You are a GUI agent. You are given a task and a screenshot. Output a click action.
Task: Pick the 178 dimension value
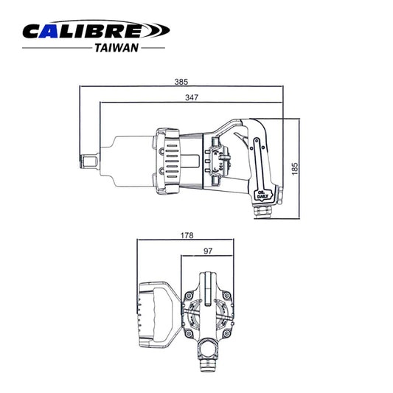pos(187,236)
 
